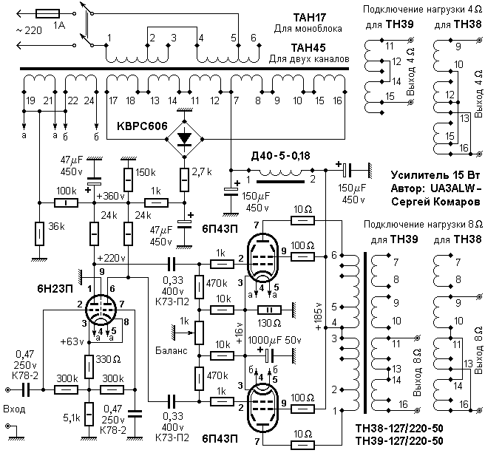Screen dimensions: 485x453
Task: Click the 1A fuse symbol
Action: coord(47,13)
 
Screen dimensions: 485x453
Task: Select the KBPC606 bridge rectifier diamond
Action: coord(185,139)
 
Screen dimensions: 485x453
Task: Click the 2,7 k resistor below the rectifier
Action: coord(185,180)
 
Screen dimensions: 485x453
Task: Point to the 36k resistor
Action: coord(39,234)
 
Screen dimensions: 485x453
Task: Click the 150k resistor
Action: coord(129,180)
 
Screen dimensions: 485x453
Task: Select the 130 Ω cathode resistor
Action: coord(269,310)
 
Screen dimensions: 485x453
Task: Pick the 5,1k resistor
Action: coord(89,415)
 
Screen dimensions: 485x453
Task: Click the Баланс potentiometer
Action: coord(199,333)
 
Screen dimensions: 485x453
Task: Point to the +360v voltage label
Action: coord(110,196)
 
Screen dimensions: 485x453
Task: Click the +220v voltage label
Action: coord(111,258)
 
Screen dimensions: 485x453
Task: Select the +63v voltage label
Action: coord(72,342)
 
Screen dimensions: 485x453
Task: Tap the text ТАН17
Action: coord(310,18)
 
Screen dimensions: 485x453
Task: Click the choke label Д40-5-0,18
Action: coord(280,156)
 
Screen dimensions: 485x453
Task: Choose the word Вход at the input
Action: coord(14,409)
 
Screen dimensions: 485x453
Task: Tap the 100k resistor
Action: coord(67,202)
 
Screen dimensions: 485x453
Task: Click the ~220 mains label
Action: coord(28,30)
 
